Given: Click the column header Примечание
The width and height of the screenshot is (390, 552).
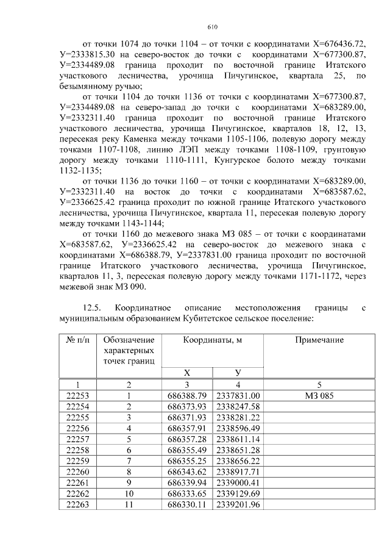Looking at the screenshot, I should [x=319, y=340].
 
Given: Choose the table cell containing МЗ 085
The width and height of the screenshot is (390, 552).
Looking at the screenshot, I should [x=319, y=395].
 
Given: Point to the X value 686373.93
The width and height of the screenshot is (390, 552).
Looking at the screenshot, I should [x=187, y=406].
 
